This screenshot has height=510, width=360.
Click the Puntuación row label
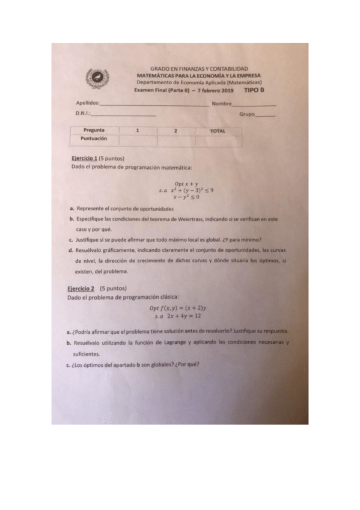click(x=94, y=138)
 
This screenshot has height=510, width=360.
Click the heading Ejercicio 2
click(x=81, y=288)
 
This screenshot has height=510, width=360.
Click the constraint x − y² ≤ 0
click(x=187, y=197)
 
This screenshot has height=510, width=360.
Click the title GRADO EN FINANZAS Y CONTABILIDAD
click(x=198, y=69)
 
